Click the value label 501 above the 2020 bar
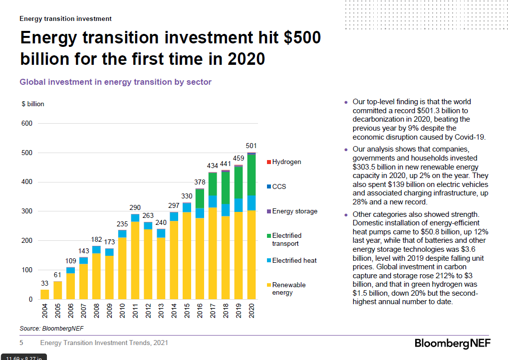(x=252, y=146)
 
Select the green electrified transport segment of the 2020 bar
(x=252, y=175)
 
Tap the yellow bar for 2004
(x=45, y=294)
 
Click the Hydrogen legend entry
(x=286, y=162)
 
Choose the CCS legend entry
(x=278, y=186)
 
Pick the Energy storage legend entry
(x=294, y=211)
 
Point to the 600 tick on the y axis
(x=26, y=124)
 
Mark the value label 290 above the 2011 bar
(x=135, y=207)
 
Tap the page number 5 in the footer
(x=21, y=343)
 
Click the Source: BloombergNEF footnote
(x=44, y=328)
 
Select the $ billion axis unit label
(x=32, y=104)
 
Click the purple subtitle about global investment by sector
(x=115, y=82)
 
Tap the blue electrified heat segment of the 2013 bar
(x=161, y=233)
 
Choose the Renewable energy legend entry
(x=288, y=289)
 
